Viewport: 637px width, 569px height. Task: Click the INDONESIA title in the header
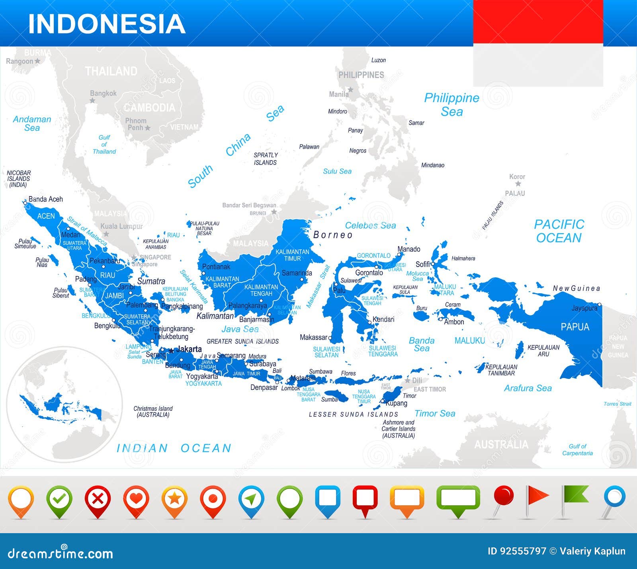click(x=107, y=24)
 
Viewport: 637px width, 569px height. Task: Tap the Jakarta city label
click(x=189, y=349)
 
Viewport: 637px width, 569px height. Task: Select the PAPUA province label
click(x=574, y=327)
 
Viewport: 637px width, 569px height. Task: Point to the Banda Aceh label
click(x=45, y=199)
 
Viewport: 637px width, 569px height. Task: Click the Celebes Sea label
click(x=370, y=226)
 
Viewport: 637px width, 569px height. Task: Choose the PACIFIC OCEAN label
click(x=559, y=231)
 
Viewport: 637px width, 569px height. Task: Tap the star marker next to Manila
click(x=350, y=90)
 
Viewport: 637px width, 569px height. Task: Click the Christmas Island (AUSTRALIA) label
click(x=153, y=412)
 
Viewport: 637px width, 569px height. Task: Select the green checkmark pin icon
click(x=59, y=499)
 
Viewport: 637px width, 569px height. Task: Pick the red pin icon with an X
click(x=98, y=499)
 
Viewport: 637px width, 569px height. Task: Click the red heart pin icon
click(x=136, y=499)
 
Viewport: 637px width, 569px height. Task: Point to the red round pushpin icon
click(x=504, y=496)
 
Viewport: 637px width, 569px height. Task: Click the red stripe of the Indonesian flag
click(x=538, y=22)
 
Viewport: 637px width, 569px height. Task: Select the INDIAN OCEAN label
click(x=174, y=448)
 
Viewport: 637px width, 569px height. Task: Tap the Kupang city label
click(x=397, y=403)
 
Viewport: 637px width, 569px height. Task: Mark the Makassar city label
click(x=313, y=337)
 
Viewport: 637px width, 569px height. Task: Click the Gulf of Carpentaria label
click(x=577, y=450)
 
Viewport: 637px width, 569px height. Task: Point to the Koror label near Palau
click(x=517, y=177)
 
